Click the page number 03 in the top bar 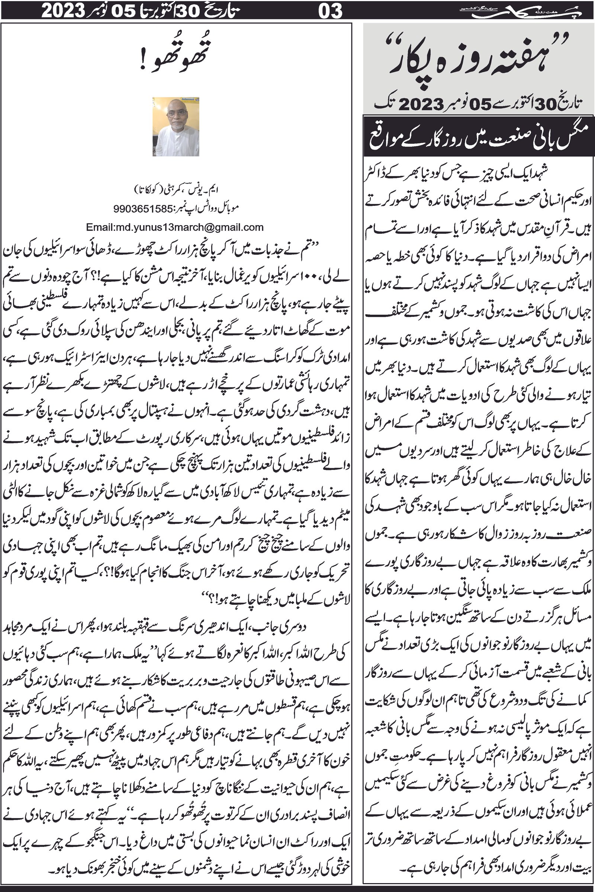pos(331,11)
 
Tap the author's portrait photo pos(176,127)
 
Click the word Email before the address pos(98,227)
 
